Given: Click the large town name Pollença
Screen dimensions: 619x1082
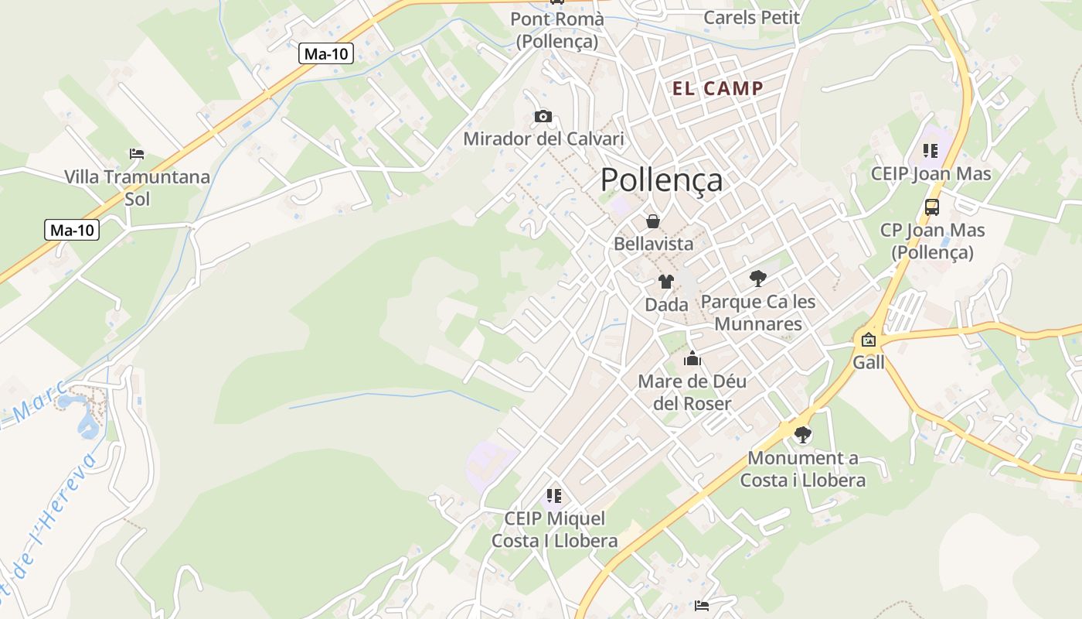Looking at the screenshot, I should [662, 180].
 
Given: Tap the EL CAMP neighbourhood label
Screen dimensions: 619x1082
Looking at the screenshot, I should [718, 88].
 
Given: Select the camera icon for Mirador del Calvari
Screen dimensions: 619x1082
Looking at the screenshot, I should [543, 117].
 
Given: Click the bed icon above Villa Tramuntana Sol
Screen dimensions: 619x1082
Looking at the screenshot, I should [137, 154].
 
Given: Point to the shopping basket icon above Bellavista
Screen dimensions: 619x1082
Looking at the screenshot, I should [653, 222].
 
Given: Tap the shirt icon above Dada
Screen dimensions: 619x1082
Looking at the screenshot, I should [666, 282].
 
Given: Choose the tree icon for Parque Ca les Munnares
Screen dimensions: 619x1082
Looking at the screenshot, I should [758, 279].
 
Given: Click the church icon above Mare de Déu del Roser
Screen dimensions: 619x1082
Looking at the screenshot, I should [692, 358].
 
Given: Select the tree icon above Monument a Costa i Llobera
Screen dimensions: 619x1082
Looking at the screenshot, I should [803, 435].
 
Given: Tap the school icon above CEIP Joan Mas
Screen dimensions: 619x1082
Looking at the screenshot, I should [931, 151].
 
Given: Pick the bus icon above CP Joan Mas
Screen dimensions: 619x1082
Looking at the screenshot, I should [932, 207].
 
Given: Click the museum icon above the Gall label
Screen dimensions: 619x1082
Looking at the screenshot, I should [869, 339].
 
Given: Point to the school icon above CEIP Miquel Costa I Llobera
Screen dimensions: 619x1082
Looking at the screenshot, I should [553, 495].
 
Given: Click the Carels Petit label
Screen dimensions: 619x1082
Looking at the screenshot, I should [751, 17].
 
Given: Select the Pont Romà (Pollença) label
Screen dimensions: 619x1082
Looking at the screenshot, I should [557, 29].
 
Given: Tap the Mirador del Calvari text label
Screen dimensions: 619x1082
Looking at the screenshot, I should [543, 139].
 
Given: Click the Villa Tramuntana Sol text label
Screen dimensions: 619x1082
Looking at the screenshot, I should [137, 187].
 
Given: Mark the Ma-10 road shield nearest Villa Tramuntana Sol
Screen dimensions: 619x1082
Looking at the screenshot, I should [72, 230].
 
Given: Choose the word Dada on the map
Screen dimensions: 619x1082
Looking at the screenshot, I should [666, 305].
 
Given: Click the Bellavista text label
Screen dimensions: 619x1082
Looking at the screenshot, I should [653, 244].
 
